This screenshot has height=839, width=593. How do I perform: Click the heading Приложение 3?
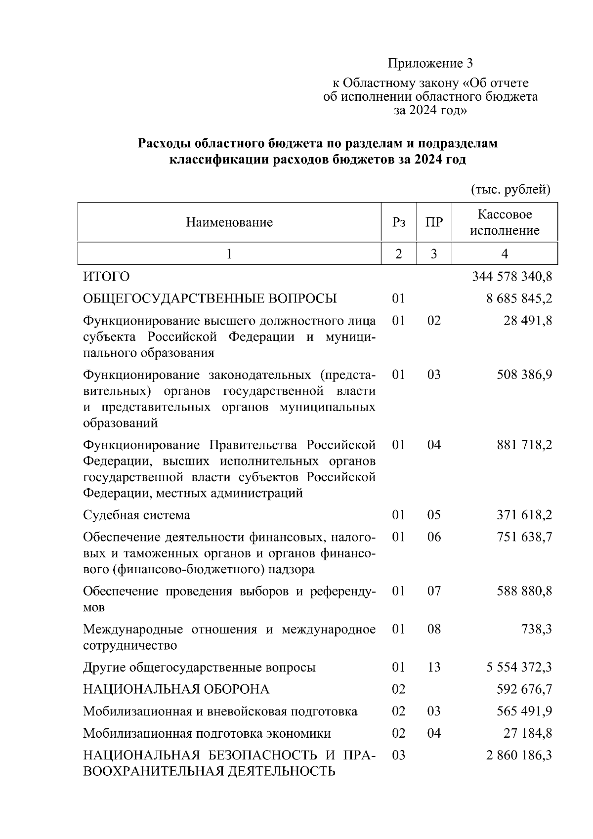point(430,63)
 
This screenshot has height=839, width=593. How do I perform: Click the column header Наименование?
point(229,222)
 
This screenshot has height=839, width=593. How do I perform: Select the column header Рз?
point(398,222)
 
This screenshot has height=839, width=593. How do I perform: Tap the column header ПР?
point(434,222)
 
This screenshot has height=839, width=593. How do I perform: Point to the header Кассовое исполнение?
point(505,222)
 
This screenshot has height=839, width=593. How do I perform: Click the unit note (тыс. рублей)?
point(510,190)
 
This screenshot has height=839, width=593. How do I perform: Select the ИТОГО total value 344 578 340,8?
point(512,277)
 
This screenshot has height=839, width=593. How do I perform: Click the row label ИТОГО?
point(106,277)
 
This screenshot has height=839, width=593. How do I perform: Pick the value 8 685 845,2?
point(519,298)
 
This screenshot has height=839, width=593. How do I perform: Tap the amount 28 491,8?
point(528,321)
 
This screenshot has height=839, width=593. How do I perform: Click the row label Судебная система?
point(136,515)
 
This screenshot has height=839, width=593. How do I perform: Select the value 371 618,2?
point(524,515)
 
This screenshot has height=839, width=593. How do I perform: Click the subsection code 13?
point(434,668)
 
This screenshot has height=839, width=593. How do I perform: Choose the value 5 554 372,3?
point(519,668)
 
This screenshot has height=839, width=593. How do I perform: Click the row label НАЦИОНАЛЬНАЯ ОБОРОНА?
point(176,689)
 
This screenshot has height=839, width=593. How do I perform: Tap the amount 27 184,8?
point(528,733)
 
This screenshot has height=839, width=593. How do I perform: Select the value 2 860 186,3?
point(519,755)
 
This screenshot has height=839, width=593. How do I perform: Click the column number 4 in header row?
point(505,254)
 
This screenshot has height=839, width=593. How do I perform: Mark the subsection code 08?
point(434,629)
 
